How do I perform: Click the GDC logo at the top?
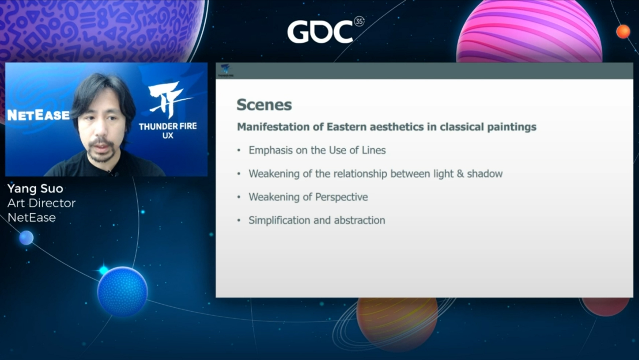pos(320,32)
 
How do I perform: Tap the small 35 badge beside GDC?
pos(359,21)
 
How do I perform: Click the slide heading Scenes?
pos(264,105)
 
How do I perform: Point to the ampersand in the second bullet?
pos(460,174)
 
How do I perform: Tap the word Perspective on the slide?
pos(341,197)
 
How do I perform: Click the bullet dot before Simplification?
pos(239,221)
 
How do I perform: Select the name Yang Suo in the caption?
pos(35,189)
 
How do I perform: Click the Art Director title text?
pos(41,203)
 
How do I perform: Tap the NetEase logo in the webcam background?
pos(38,115)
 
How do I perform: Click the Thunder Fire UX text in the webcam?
pos(168,131)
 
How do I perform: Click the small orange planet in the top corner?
pos(623,32)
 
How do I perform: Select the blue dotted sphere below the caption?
pos(122,291)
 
